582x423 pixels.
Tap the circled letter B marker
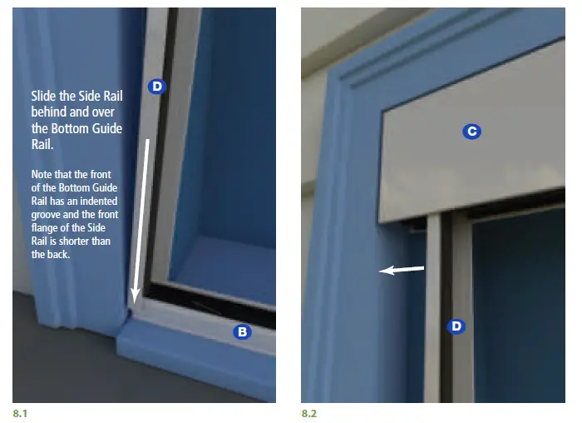click(242, 331)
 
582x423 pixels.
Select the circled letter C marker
click(471, 131)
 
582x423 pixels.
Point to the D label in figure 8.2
click(456, 326)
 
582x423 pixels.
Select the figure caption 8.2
click(309, 411)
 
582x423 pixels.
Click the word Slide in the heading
click(45, 96)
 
